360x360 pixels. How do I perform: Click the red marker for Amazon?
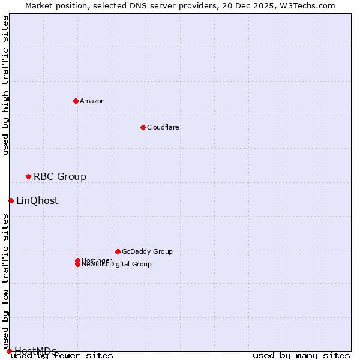[x=76, y=101]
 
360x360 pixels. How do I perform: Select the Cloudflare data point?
[x=143, y=127]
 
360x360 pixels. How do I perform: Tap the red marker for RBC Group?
[x=28, y=176]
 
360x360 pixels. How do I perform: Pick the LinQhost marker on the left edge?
[x=11, y=200]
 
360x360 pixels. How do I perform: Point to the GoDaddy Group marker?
[x=118, y=251]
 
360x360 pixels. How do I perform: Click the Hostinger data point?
[x=77, y=260]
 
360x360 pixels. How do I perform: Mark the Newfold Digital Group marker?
[x=77, y=264]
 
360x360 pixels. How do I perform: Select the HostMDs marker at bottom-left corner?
[x=9, y=351]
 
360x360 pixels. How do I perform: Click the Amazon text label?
[x=92, y=101]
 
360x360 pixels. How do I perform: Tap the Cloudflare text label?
[x=163, y=127]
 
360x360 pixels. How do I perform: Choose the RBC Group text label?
[x=60, y=176]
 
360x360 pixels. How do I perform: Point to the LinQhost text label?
[x=37, y=200]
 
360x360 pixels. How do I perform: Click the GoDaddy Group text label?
[x=147, y=251]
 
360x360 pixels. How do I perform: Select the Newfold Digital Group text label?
[x=117, y=265]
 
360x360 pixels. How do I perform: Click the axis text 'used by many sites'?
[x=301, y=356]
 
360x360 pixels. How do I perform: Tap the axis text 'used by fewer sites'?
[x=62, y=356]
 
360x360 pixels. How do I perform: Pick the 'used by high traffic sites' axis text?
[x=6, y=85]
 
